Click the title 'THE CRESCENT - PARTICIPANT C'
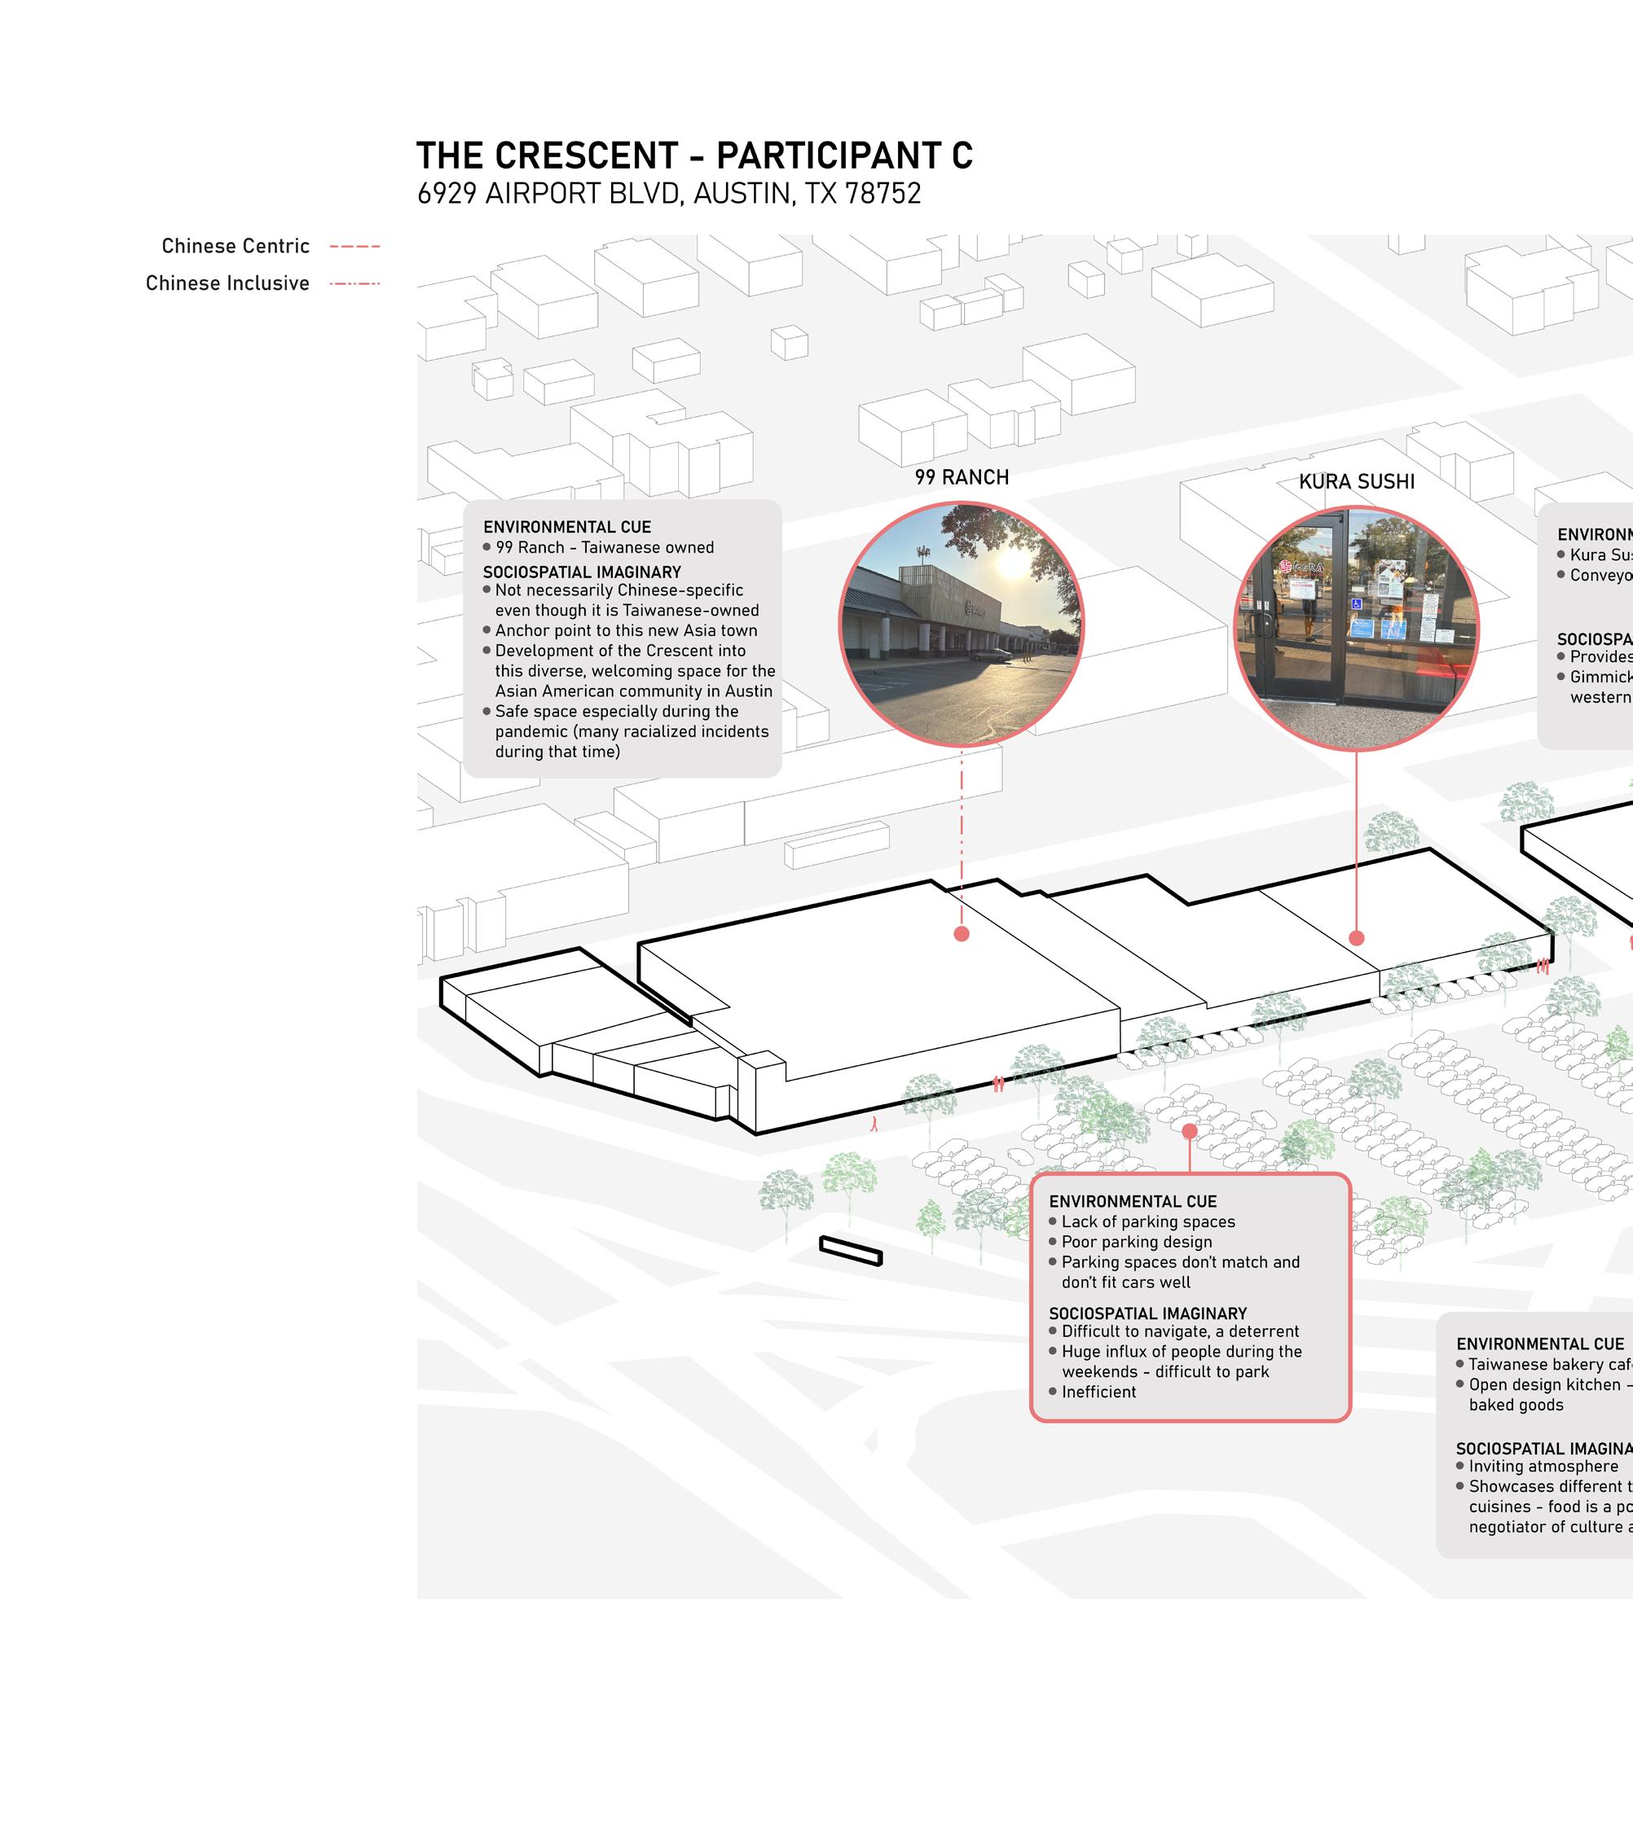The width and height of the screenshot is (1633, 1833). pyautogui.click(x=693, y=156)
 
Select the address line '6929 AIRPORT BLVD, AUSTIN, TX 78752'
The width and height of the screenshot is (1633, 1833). pyautogui.click(x=668, y=194)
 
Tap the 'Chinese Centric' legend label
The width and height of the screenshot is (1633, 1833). pyautogui.click(x=235, y=246)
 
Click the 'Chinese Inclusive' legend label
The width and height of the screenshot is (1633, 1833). pyautogui.click(x=227, y=283)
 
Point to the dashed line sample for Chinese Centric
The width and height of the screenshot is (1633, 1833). pyautogui.click(x=354, y=247)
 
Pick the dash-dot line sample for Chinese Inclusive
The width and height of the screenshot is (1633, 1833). pyautogui.click(x=354, y=283)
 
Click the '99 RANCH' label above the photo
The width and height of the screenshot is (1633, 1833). pyautogui.click(x=961, y=477)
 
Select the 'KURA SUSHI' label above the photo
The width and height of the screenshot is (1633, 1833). pyautogui.click(x=1356, y=481)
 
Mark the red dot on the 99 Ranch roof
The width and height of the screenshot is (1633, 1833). pyautogui.click(x=961, y=933)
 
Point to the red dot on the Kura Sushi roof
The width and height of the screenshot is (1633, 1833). pyautogui.click(x=1356, y=938)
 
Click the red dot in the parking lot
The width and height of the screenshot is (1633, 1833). pyautogui.click(x=1189, y=1131)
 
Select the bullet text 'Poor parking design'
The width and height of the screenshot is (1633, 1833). pyautogui.click(x=1136, y=1242)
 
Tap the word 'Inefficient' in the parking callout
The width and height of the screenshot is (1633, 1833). pyautogui.click(x=1098, y=1392)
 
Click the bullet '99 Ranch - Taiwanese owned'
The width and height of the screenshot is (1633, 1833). pyautogui.click(x=604, y=547)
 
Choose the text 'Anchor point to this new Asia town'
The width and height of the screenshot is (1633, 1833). pyautogui.click(x=625, y=630)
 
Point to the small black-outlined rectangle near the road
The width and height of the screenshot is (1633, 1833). pyautogui.click(x=850, y=1250)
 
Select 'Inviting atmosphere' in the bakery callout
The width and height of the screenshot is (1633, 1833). pyautogui.click(x=1543, y=1467)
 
